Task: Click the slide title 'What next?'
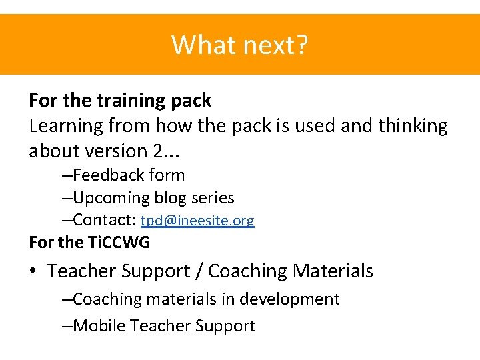tap(240, 45)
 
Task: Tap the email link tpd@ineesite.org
tap(197, 221)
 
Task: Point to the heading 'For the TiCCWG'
tap(89, 243)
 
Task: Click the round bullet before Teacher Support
tap(33, 272)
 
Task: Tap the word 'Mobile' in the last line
tap(99, 326)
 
